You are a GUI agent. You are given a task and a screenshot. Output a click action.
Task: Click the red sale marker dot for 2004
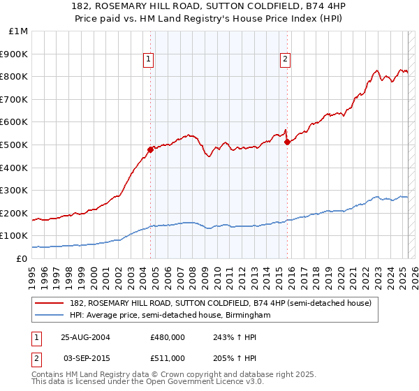[x=150, y=149]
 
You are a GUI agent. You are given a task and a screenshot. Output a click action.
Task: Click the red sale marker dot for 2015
[x=287, y=142]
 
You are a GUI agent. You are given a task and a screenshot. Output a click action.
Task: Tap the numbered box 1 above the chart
[x=149, y=59]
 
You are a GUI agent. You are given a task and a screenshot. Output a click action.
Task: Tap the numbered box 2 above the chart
[x=286, y=59]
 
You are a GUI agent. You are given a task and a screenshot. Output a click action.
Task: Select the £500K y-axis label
[x=15, y=145]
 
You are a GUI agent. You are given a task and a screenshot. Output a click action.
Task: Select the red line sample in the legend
[x=50, y=302]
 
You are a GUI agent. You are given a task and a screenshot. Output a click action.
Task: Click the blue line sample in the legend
[x=50, y=315]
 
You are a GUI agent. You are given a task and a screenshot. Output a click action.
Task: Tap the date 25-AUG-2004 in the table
[x=85, y=337]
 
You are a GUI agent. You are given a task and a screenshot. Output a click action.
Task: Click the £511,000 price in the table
[x=168, y=358]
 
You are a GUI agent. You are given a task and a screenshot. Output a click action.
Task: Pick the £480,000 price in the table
[x=168, y=337]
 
